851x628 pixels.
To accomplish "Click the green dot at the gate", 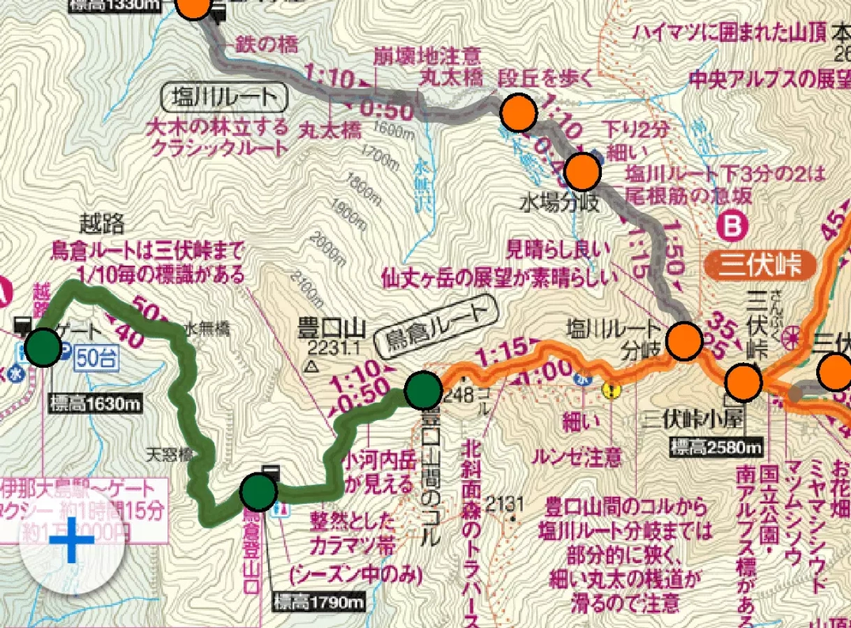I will (x=43, y=347).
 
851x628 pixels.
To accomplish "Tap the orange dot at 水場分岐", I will (x=582, y=171).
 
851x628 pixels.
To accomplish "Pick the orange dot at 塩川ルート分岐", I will (x=683, y=341).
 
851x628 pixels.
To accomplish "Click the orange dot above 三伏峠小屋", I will (x=743, y=382).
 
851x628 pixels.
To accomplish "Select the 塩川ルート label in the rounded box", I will (x=225, y=99).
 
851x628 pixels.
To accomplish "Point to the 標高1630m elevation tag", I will (x=95, y=403).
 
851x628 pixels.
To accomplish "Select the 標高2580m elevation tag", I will (x=716, y=446).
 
